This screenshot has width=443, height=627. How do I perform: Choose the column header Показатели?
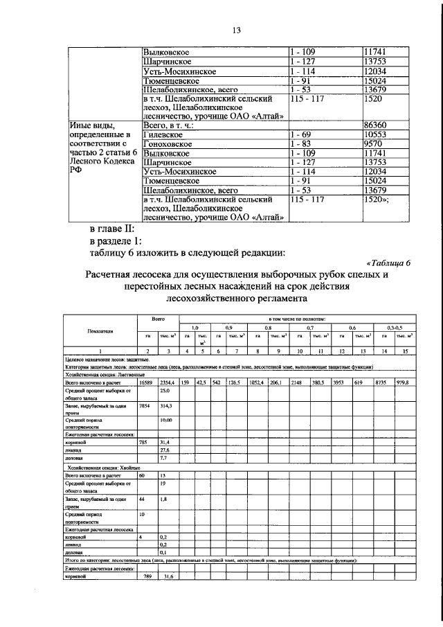tap(100, 331)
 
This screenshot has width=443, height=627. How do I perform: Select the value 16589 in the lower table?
tap(145, 382)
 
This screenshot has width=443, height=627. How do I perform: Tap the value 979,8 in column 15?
tap(404, 382)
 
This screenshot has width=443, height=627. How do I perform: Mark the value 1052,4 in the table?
tap(258, 382)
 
